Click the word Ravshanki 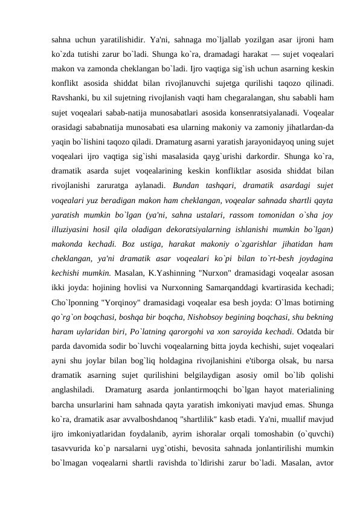[x=71, y=96]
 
